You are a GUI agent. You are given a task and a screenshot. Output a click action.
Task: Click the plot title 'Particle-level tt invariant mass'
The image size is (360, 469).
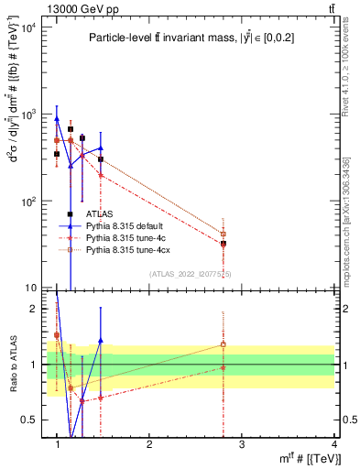tap(191, 38)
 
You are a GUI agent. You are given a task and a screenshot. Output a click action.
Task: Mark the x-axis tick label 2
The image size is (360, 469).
tap(149, 444)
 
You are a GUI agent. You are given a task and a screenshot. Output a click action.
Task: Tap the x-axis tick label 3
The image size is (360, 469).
tap(242, 444)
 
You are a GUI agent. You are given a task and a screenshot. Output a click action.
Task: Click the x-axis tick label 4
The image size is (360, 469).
tap(333, 444)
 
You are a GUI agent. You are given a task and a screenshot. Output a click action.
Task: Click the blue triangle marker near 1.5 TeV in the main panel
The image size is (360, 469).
tap(101, 147)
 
